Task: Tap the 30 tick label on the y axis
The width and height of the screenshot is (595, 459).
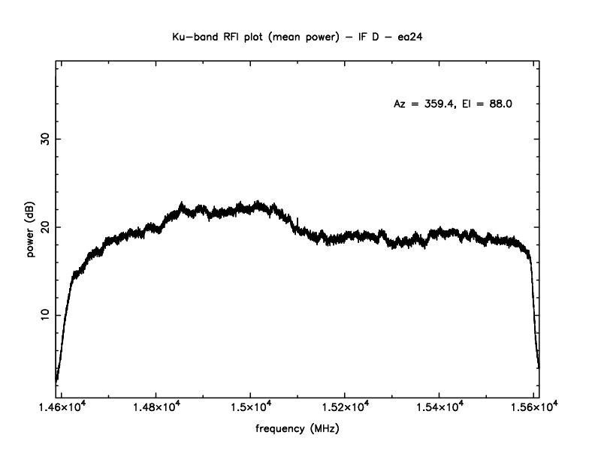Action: (43, 139)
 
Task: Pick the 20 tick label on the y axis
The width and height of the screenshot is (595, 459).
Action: (43, 227)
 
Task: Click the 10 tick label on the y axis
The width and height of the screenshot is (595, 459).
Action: (43, 315)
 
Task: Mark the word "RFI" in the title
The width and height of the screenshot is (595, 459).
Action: (228, 35)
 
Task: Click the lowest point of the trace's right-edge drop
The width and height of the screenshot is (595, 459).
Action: (539, 367)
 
